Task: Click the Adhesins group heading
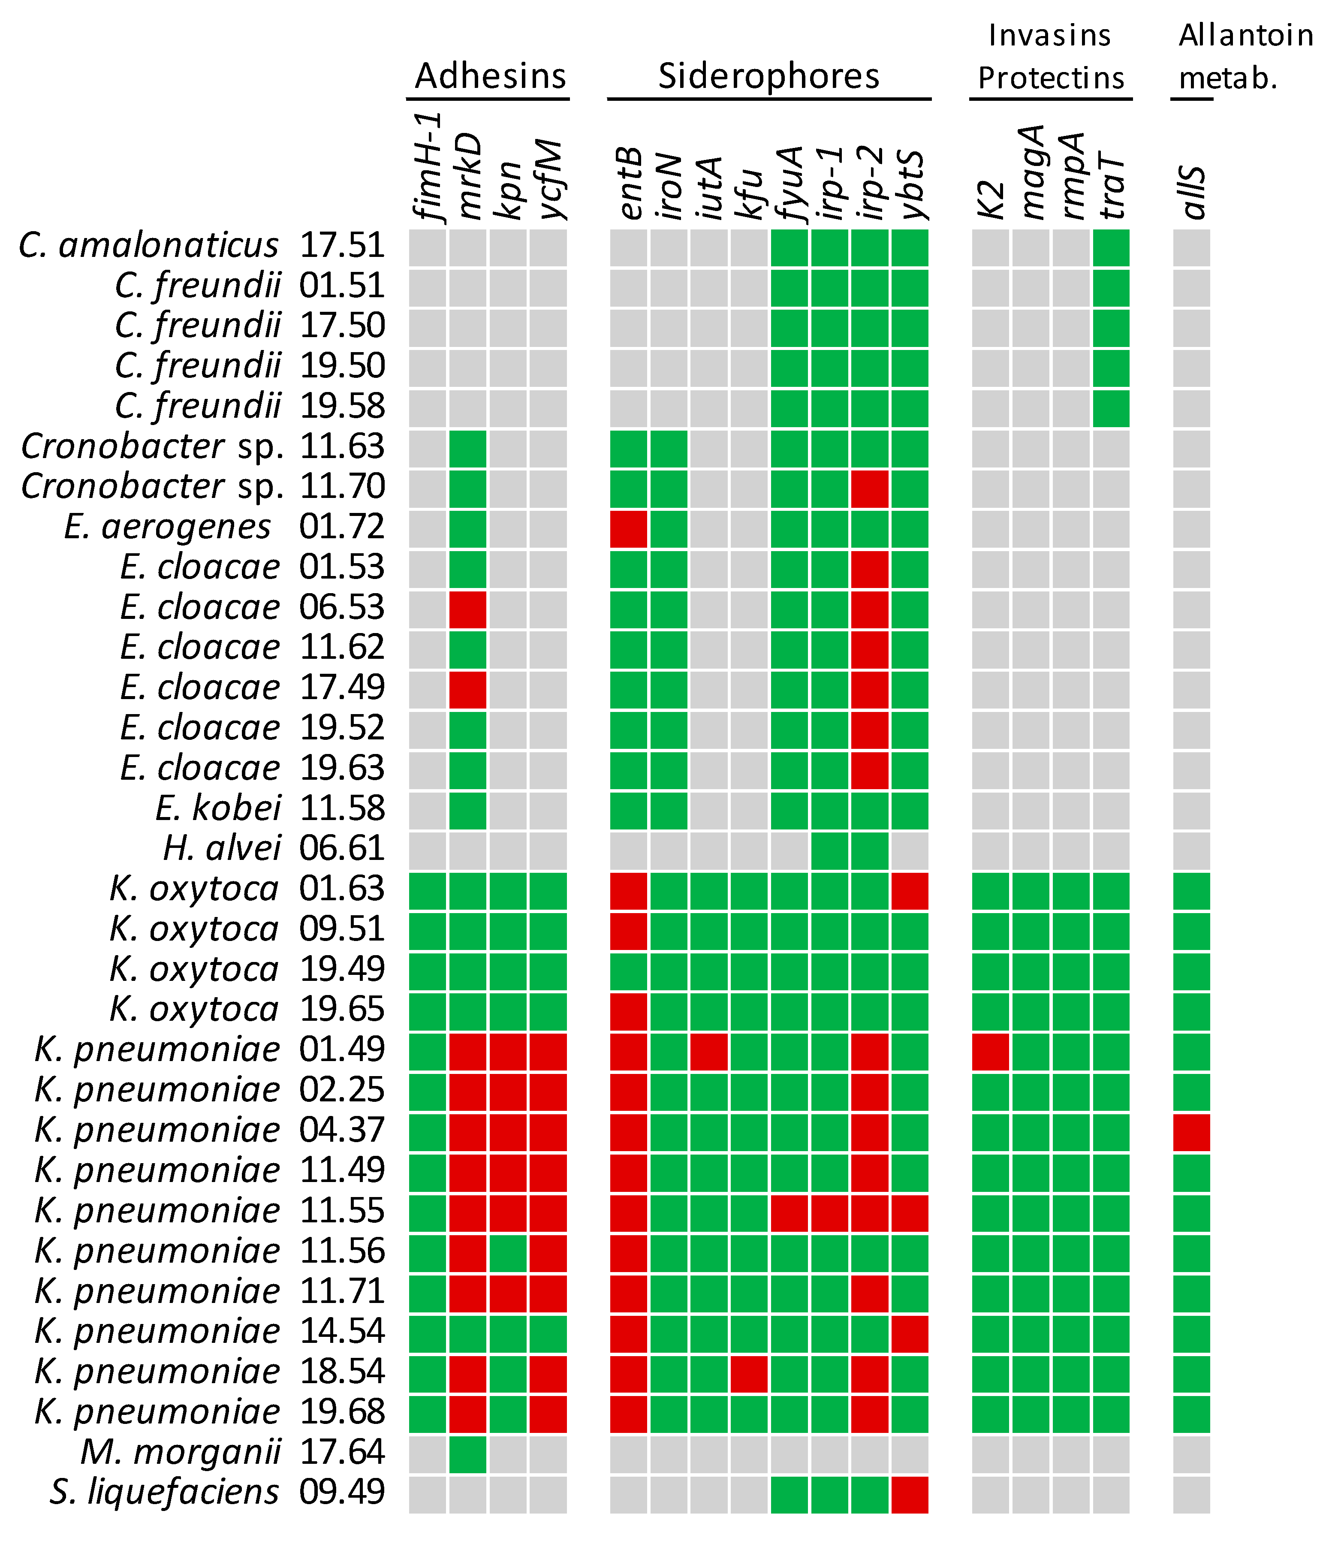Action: [x=490, y=76]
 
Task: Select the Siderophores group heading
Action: [x=768, y=76]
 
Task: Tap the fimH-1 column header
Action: [x=428, y=167]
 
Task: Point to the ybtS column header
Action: [x=910, y=184]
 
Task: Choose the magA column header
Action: [x=1031, y=172]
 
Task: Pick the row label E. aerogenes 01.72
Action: [x=223, y=527]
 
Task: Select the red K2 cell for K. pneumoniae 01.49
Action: [x=991, y=1052]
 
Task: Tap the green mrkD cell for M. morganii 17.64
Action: [x=468, y=1454]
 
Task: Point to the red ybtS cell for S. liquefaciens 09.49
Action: [x=910, y=1494]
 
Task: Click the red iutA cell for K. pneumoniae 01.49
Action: [x=709, y=1052]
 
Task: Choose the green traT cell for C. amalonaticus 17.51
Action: [x=1111, y=247]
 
